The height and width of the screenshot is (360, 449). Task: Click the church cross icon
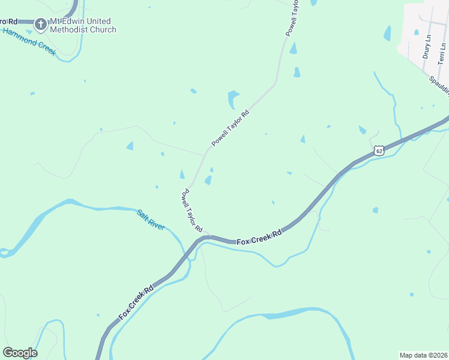[41, 25]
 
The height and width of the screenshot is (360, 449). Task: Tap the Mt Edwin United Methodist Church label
[83, 25]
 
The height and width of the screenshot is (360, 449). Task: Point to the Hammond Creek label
[29, 41]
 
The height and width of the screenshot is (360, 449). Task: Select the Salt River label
[151, 220]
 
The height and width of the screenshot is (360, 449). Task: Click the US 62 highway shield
[378, 150]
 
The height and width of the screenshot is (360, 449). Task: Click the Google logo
[20, 353]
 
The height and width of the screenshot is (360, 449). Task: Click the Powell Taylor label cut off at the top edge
[292, 19]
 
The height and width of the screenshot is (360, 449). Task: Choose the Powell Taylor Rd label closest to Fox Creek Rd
[193, 210]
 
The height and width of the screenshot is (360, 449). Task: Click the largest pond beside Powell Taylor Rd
[233, 98]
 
